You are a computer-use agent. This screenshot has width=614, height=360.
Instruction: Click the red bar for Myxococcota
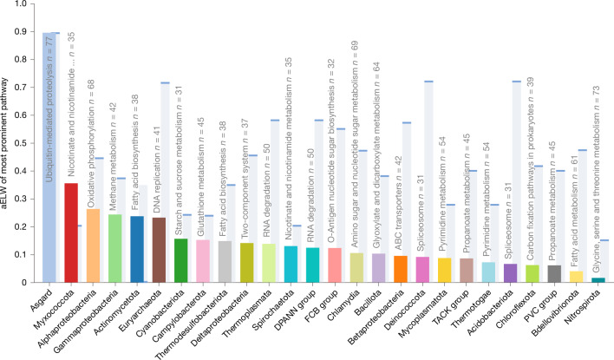click(x=71, y=232)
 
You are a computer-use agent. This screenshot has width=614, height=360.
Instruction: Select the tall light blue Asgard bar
click(x=49, y=158)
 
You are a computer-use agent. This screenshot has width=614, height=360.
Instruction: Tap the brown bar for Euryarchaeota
click(x=159, y=250)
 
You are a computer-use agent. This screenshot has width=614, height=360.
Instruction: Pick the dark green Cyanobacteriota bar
click(x=181, y=260)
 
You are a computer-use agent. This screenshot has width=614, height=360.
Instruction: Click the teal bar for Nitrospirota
click(x=598, y=279)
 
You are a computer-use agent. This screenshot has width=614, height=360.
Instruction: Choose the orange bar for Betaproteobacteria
click(x=401, y=269)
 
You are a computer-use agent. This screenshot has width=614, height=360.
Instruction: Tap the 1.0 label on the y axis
click(x=20, y=4)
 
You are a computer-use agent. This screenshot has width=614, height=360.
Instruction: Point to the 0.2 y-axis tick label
click(x=20, y=226)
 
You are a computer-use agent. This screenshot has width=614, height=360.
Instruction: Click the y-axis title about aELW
click(x=4, y=143)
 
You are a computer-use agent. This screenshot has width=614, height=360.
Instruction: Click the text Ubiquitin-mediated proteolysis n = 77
click(x=49, y=109)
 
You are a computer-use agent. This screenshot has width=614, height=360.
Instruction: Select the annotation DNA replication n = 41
click(x=157, y=170)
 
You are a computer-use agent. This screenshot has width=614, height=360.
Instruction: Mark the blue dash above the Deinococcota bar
click(x=428, y=82)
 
